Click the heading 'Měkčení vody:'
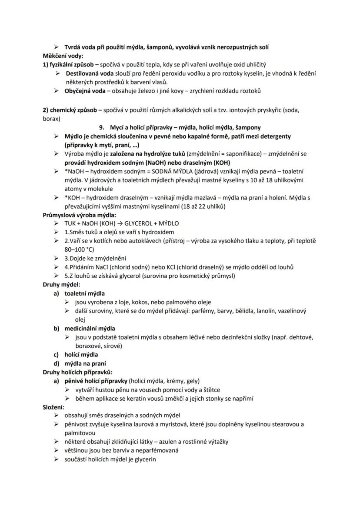coord(63,56)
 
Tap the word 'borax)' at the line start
coord(51,118)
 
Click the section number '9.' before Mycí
coord(102,127)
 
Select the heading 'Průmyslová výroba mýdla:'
coord(79,215)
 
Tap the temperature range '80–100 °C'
coord(79,250)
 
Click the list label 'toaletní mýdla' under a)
coord(85,293)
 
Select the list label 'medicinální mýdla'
coord(90,328)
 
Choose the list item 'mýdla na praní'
coord(86,363)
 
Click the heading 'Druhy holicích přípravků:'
coord(77,372)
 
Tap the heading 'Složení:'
coord(53,407)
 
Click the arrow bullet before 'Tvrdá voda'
coord(56,47)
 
